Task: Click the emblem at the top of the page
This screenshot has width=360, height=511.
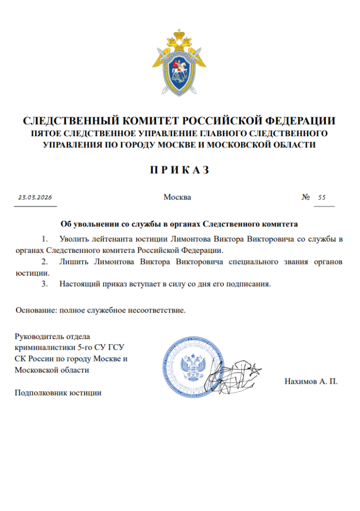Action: point(179,62)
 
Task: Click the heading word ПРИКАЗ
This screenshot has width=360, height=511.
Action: point(179,170)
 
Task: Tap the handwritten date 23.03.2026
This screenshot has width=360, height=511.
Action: point(35,197)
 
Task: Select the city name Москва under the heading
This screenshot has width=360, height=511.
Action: point(177,197)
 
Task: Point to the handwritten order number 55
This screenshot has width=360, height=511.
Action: point(322,197)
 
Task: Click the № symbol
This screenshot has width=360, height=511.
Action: point(306,197)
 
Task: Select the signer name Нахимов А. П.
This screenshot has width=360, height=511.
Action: point(312,382)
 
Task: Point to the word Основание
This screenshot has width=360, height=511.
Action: point(36,310)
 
